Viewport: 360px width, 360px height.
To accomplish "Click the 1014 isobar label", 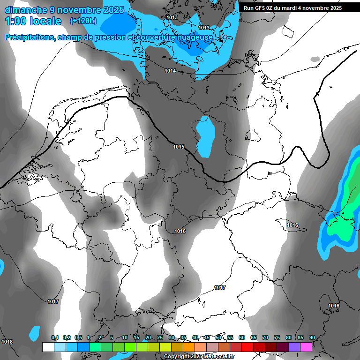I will (x=170, y=71).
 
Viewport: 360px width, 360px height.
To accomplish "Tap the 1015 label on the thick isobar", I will (x=178, y=147).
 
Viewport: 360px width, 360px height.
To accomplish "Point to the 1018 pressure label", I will (x=7, y=342).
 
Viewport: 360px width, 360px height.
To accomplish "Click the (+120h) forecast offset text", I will (x=83, y=21).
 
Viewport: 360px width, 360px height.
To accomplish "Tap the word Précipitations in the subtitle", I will (x=30, y=37).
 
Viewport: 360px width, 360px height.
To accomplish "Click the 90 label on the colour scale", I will (x=312, y=337).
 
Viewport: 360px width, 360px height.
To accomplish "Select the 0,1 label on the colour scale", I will (x=54, y=337).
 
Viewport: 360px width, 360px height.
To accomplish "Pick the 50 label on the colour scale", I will (x=218, y=337).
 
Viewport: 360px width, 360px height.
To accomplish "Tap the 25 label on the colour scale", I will (x=160, y=337).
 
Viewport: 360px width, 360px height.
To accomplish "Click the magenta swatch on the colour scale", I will (x=306, y=347).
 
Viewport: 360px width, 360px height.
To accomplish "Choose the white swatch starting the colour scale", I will (x=48, y=347).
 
